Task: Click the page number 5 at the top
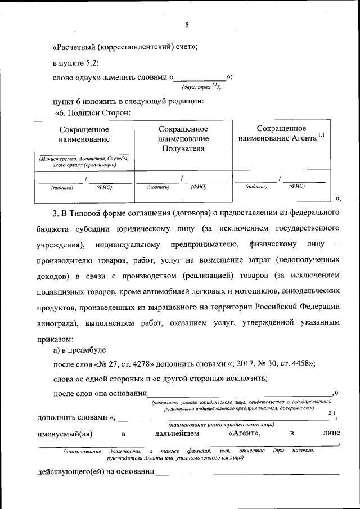186,25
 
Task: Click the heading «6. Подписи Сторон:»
92,112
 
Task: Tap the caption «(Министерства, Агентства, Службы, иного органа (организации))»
84,163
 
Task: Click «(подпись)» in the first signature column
65,187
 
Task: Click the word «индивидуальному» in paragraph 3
128,245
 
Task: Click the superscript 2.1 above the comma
332,413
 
